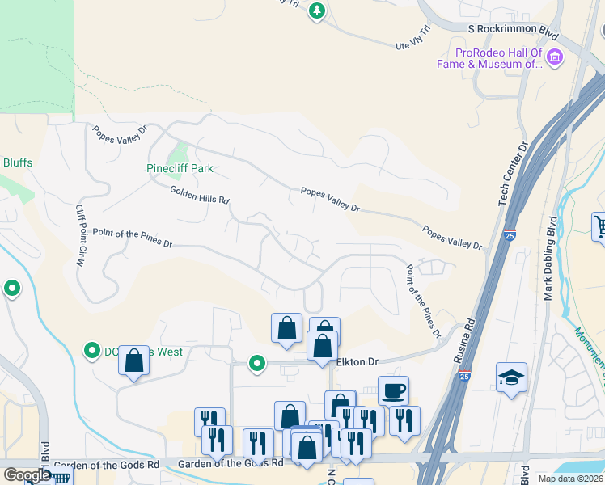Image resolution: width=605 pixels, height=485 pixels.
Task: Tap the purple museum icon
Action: pyautogui.click(x=555, y=57)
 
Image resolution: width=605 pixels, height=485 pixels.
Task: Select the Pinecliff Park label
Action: pyautogui.click(x=180, y=168)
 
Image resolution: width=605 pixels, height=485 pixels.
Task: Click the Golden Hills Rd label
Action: pyautogui.click(x=200, y=195)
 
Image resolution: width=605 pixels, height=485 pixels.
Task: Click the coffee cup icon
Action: pyautogui.click(x=393, y=390)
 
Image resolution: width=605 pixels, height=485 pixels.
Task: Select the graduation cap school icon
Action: pyautogui.click(x=511, y=377)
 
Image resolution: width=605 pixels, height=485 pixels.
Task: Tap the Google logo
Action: pyautogui.click(x=27, y=475)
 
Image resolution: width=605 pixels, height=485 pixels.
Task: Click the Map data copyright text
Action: pyautogui.click(x=570, y=479)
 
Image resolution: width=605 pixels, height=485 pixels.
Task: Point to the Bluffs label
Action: pyautogui.click(x=17, y=162)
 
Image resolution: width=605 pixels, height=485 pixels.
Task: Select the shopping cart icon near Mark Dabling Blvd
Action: pyautogui.click(x=599, y=226)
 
